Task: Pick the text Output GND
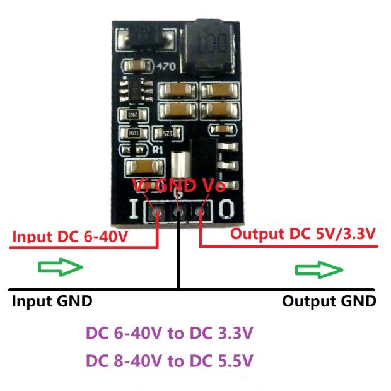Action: click(329, 301)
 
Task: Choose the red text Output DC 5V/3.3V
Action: click(303, 235)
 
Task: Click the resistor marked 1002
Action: click(135, 116)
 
